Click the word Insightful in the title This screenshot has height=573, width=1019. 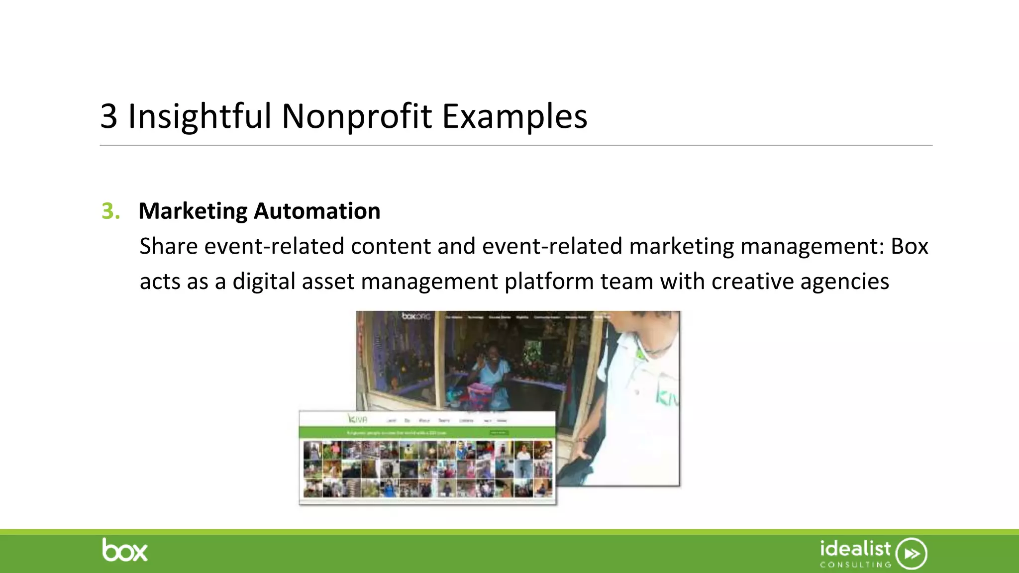[200, 116]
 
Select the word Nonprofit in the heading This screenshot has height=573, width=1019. [357, 116]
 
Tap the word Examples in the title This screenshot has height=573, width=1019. [514, 116]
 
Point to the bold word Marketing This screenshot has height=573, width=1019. [193, 211]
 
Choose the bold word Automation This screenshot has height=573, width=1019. [317, 211]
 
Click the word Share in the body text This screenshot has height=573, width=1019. [168, 246]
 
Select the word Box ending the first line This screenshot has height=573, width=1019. [909, 246]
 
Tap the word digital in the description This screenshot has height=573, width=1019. [264, 282]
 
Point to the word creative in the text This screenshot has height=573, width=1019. [752, 282]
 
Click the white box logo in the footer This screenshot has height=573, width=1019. [125, 550]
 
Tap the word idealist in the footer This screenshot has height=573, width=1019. [855, 549]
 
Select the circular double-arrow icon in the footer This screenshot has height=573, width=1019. [911, 553]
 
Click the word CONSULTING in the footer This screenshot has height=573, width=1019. [855, 565]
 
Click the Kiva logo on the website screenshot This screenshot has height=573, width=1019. [357, 419]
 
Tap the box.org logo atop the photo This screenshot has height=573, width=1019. [416, 316]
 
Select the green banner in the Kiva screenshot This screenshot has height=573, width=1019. [427, 433]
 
